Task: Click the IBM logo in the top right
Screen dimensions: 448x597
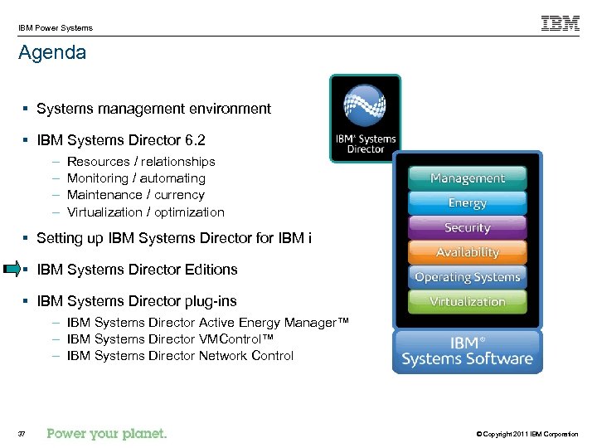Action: pos(561,23)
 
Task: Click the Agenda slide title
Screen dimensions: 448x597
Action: pos(51,53)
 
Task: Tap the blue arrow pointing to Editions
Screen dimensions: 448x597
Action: pos(12,269)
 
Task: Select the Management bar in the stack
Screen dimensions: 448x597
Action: pos(467,178)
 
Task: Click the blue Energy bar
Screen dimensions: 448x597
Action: pos(467,202)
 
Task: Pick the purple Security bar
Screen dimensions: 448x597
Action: pos(467,227)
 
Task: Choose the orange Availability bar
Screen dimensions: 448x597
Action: pos(467,252)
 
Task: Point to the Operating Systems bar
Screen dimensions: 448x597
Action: pos(467,277)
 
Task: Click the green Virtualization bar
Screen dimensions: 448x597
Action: pos(467,301)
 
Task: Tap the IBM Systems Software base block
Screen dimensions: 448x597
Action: pos(467,351)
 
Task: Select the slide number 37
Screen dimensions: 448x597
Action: pos(22,434)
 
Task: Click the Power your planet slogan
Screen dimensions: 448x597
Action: pos(107,433)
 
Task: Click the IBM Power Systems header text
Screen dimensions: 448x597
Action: pos(55,27)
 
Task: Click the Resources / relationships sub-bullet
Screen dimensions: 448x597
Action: pos(141,162)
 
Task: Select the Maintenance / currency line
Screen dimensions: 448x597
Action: pos(135,195)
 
